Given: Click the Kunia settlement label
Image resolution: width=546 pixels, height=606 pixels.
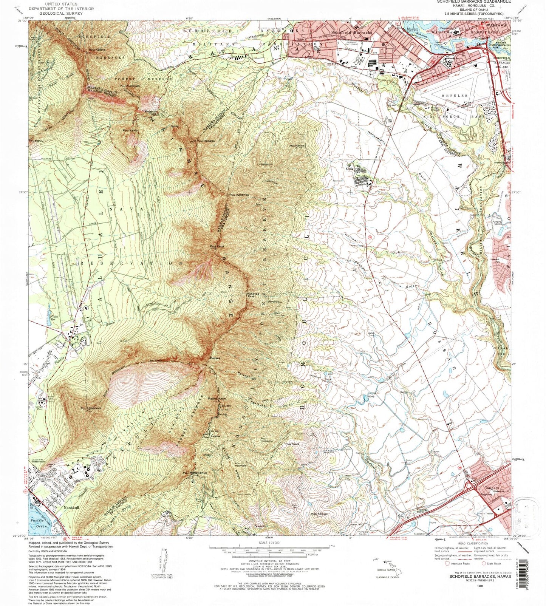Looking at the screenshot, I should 349,169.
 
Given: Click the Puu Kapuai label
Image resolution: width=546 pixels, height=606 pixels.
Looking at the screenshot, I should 319,513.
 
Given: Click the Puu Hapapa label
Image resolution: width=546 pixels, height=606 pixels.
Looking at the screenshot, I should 206,140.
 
